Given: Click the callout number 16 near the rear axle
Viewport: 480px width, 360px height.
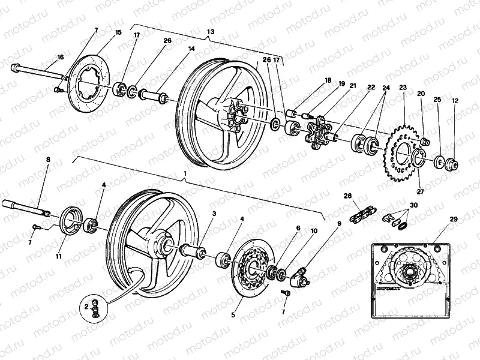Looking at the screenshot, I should point(60,57).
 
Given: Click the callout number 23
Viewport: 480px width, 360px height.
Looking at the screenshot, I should point(402,88).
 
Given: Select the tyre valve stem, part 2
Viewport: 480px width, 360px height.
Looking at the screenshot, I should point(95,309).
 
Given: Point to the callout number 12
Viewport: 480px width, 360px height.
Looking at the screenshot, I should point(455,101).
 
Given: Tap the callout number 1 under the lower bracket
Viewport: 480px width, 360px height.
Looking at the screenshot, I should point(185,173).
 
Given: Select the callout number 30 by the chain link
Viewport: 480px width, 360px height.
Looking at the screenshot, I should point(412,205).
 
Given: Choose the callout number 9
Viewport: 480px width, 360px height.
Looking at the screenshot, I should point(339,223).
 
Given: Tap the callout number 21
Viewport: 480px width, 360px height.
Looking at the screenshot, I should point(353,86).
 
